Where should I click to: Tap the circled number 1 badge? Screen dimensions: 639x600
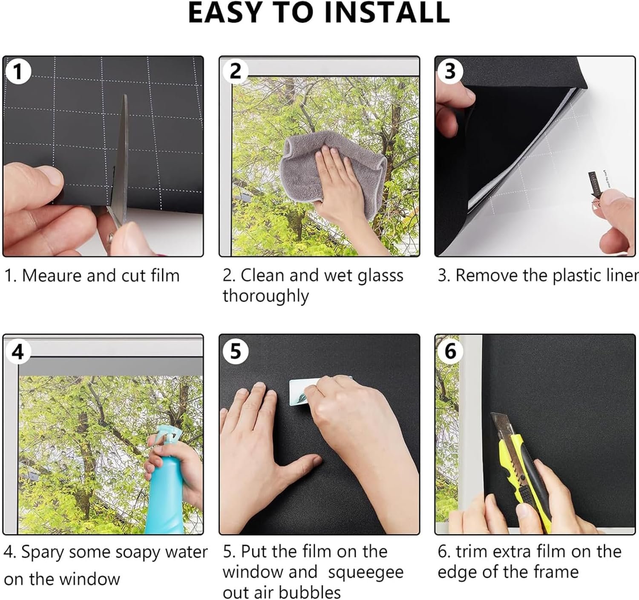[x=18, y=72]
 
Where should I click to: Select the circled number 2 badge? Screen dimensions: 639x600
[x=236, y=71]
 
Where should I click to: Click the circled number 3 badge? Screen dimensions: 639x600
[x=450, y=71]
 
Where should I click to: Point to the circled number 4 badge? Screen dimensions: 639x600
[x=18, y=352]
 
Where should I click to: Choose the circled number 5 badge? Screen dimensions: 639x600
[x=236, y=351]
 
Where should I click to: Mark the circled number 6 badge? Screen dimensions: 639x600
[x=450, y=351]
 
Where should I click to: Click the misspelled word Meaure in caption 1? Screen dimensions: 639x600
[x=52, y=276]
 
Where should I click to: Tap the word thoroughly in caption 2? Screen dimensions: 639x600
[x=266, y=296]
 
